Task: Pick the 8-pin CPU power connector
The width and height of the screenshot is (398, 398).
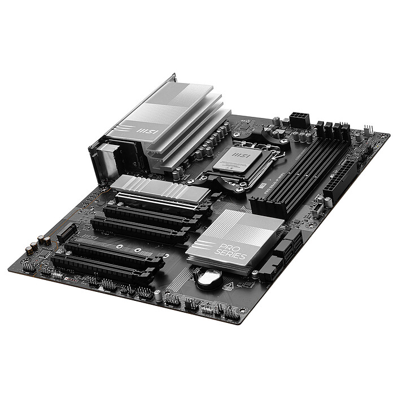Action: tap(298, 120)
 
